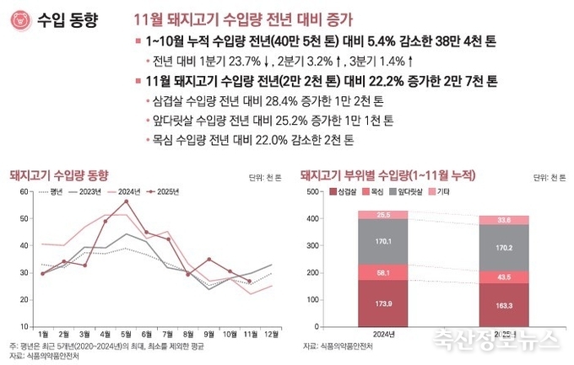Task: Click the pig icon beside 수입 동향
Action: tap(19, 19)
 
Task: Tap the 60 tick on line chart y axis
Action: tap(23, 193)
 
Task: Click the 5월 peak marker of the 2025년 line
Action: tap(126, 201)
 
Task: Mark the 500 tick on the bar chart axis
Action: tap(311, 192)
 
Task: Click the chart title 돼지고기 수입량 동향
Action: tap(58, 174)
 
